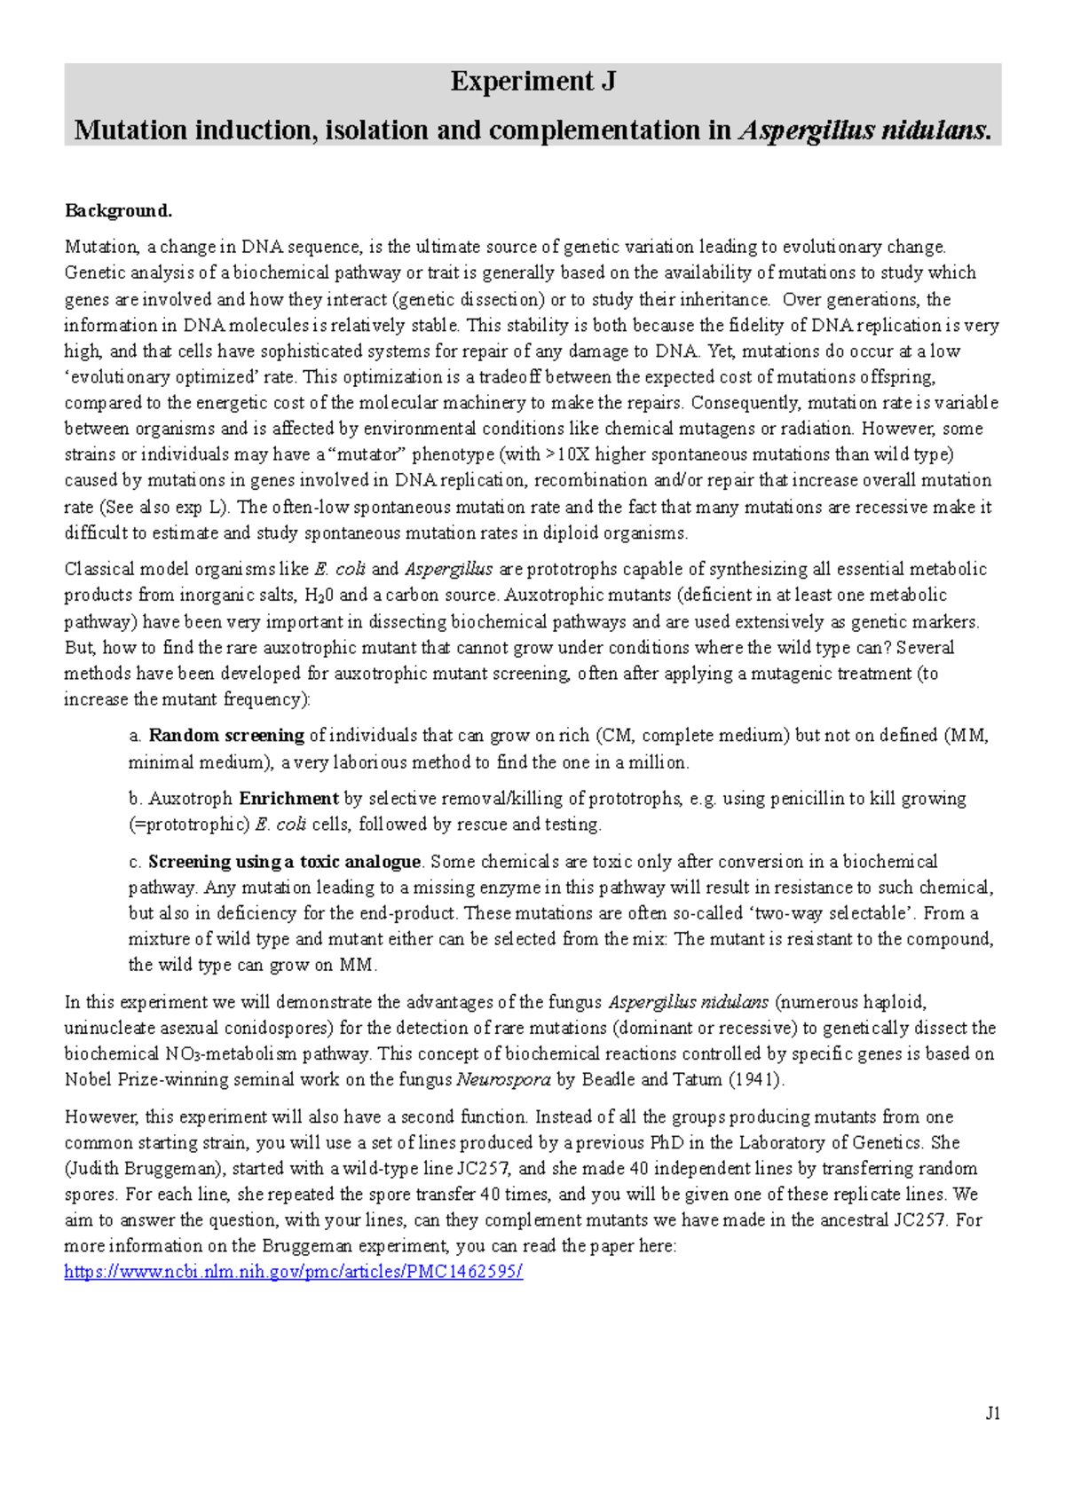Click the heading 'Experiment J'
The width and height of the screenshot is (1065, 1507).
pyautogui.click(x=532, y=82)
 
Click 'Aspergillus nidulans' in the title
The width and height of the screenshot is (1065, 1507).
pyautogui.click(x=864, y=130)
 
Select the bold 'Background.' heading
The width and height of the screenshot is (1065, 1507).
pyautogui.click(x=118, y=210)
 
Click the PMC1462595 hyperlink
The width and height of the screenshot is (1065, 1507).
pyautogui.click(x=294, y=1272)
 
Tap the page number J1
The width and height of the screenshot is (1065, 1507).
pyautogui.click(x=992, y=1414)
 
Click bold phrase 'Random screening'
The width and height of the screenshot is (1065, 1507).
pyautogui.click(x=226, y=736)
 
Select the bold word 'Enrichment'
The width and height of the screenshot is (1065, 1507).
pyautogui.click(x=289, y=799)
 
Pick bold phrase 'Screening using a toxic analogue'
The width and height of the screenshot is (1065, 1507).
pyautogui.click(x=284, y=862)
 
